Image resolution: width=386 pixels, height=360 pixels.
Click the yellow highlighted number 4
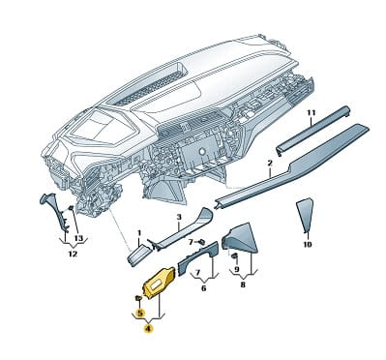(x=148, y=329)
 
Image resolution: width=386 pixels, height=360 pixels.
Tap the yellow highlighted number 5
(x=140, y=313)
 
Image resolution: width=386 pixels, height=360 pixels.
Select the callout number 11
(x=311, y=113)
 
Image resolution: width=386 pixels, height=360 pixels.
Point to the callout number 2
(x=270, y=164)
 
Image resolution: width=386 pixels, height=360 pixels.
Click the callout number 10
(x=308, y=245)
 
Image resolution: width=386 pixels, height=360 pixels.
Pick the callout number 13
(x=79, y=238)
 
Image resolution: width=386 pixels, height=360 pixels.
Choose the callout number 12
(x=73, y=254)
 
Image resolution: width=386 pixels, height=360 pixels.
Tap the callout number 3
(x=179, y=218)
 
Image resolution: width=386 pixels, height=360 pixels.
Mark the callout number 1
(x=139, y=232)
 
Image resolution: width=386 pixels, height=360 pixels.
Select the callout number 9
(x=237, y=269)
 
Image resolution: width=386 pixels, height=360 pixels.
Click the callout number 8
(x=243, y=285)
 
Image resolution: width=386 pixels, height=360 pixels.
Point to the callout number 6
(x=203, y=288)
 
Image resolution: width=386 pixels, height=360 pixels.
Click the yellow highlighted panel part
(x=160, y=282)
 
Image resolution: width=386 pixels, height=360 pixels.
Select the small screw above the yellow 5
(x=138, y=297)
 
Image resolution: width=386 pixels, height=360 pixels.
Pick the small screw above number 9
(x=234, y=256)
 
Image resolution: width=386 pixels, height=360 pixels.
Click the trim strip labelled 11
(x=312, y=130)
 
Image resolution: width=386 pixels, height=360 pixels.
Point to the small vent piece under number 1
(x=139, y=255)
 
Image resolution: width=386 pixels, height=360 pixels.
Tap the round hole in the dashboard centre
(x=202, y=152)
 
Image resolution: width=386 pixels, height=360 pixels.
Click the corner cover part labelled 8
(x=241, y=238)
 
